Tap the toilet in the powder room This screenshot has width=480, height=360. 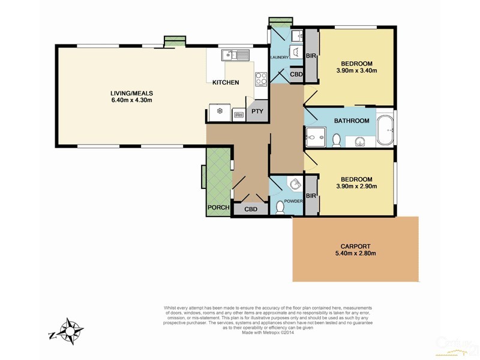(280, 207)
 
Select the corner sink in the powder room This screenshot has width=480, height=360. (293, 184)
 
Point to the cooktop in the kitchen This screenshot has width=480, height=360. (262, 79)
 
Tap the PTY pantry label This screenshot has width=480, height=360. (257, 112)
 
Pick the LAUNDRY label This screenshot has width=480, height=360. (280, 58)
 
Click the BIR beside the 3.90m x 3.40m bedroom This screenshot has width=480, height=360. (311, 56)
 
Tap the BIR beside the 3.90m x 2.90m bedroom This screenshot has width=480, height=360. (311, 196)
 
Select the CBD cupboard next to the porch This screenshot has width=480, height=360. (251, 209)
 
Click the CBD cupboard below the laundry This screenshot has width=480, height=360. (296, 74)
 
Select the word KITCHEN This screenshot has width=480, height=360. (225, 83)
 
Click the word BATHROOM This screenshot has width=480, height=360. (352, 121)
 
